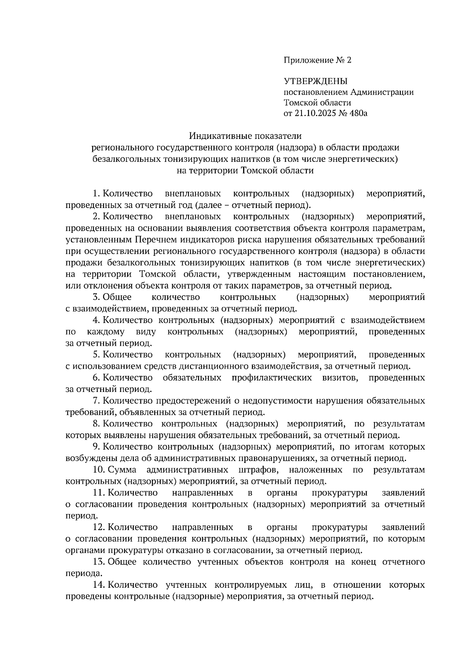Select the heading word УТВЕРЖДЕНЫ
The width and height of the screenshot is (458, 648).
click(x=316, y=81)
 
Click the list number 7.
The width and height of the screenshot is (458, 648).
click(x=97, y=401)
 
